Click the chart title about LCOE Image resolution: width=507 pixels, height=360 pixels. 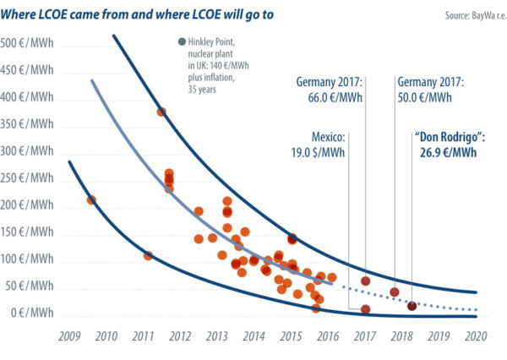click(139, 14)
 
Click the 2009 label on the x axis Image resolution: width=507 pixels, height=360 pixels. click(68, 336)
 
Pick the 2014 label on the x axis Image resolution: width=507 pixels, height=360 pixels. click(254, 336)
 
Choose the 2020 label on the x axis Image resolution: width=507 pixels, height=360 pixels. click(476, 336)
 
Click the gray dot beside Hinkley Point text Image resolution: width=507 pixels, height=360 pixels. click(183, 43)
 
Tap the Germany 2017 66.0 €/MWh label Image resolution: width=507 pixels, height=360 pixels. click(330, 90)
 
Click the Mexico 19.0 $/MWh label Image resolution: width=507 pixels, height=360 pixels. click(323, 146)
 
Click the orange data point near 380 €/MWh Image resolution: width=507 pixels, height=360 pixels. click(161, 112)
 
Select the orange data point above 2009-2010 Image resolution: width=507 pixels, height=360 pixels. click(91, 200)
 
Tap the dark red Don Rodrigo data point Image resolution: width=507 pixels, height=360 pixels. click(412, 306)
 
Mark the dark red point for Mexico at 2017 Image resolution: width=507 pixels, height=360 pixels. click(365, 309)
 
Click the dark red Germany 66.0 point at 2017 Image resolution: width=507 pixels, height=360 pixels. click(365, 281)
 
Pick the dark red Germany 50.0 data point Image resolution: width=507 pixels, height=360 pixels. click(394, 292)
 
